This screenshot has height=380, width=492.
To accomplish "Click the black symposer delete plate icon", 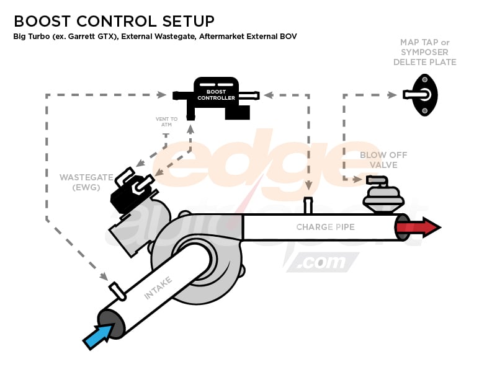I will [424, 95].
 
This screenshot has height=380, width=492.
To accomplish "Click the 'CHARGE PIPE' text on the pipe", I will [325, 227].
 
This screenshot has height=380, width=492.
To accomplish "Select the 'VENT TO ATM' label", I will [166, 122].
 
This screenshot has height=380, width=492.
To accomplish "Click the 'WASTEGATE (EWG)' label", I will [79, 182].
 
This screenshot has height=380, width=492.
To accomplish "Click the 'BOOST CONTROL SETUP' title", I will [114, 20].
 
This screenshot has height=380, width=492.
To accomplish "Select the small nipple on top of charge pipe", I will [307, 205].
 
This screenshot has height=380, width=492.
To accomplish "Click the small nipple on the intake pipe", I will [116, 289].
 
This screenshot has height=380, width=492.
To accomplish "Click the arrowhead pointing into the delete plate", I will [392, 95].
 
